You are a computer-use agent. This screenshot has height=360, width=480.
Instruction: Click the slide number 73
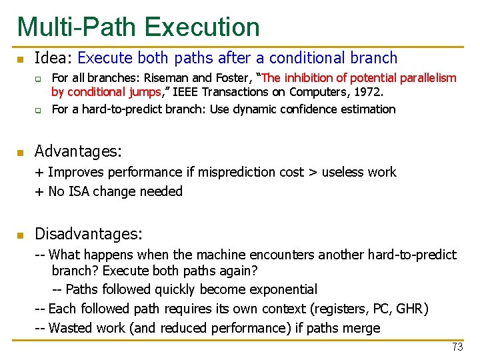457,347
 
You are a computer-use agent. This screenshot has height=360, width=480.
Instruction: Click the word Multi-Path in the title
77,27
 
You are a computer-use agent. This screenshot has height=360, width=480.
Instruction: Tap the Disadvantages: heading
88,234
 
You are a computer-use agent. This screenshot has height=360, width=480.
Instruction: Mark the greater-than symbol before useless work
311,173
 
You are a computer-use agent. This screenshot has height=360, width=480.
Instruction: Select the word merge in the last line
363,328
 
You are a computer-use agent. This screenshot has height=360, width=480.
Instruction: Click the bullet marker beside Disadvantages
21,235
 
